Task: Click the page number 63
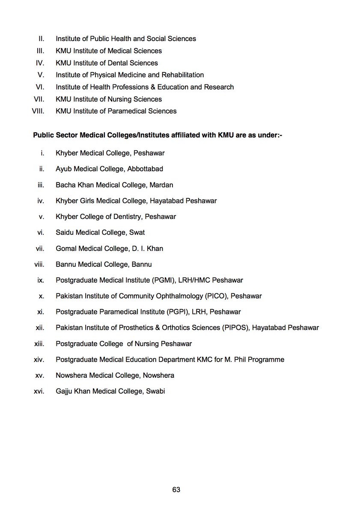pos(176,490)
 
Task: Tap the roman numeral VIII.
pos(39,111)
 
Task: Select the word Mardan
pos(162,185)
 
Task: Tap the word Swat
pos(137,233)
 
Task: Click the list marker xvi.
pos(39,391)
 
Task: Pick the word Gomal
pos(65,248)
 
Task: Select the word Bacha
pos(65,185)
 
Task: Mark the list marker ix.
pos(41,280)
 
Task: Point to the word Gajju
pos(64,391)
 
